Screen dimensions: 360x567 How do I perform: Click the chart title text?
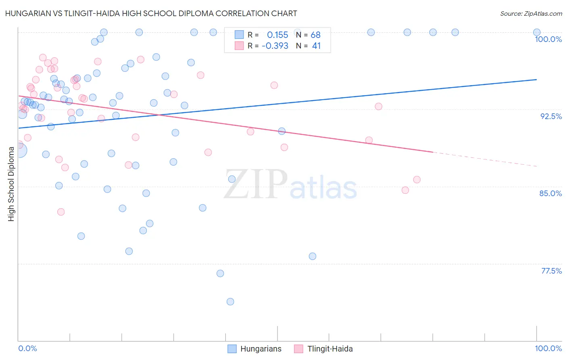(x=151, y=13)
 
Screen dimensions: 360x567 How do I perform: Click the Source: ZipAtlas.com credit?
(x=531, y=13)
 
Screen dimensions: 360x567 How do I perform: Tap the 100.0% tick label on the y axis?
(x=548, y=39)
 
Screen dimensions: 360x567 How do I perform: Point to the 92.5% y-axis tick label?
(x=551, y=116)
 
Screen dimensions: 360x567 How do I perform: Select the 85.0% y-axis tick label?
(x=550, y=193)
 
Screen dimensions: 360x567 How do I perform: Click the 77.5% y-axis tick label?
(x=551, y=271)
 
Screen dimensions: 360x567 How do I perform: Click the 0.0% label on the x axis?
(x=27, y=348)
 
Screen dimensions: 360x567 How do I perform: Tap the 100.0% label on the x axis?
(x=548, y=348)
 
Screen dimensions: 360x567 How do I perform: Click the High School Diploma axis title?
(x=11, y=184)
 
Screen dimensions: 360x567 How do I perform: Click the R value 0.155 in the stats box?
(x=277, y=35)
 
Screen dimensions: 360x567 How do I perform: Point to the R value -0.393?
(x=275, y=46)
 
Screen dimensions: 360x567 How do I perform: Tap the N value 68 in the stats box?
(x=315, y=35)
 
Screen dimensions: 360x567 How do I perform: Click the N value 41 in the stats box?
(x=316, y=46)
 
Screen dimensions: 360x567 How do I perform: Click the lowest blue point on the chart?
(x=230, y=301)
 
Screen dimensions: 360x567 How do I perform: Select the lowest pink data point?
(x=61, y=212)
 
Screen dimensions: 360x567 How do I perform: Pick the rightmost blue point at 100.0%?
(x=537, y=32)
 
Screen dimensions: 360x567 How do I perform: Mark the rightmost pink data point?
(x=417, y=180)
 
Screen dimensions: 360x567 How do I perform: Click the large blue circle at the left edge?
(x=19, y=151)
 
